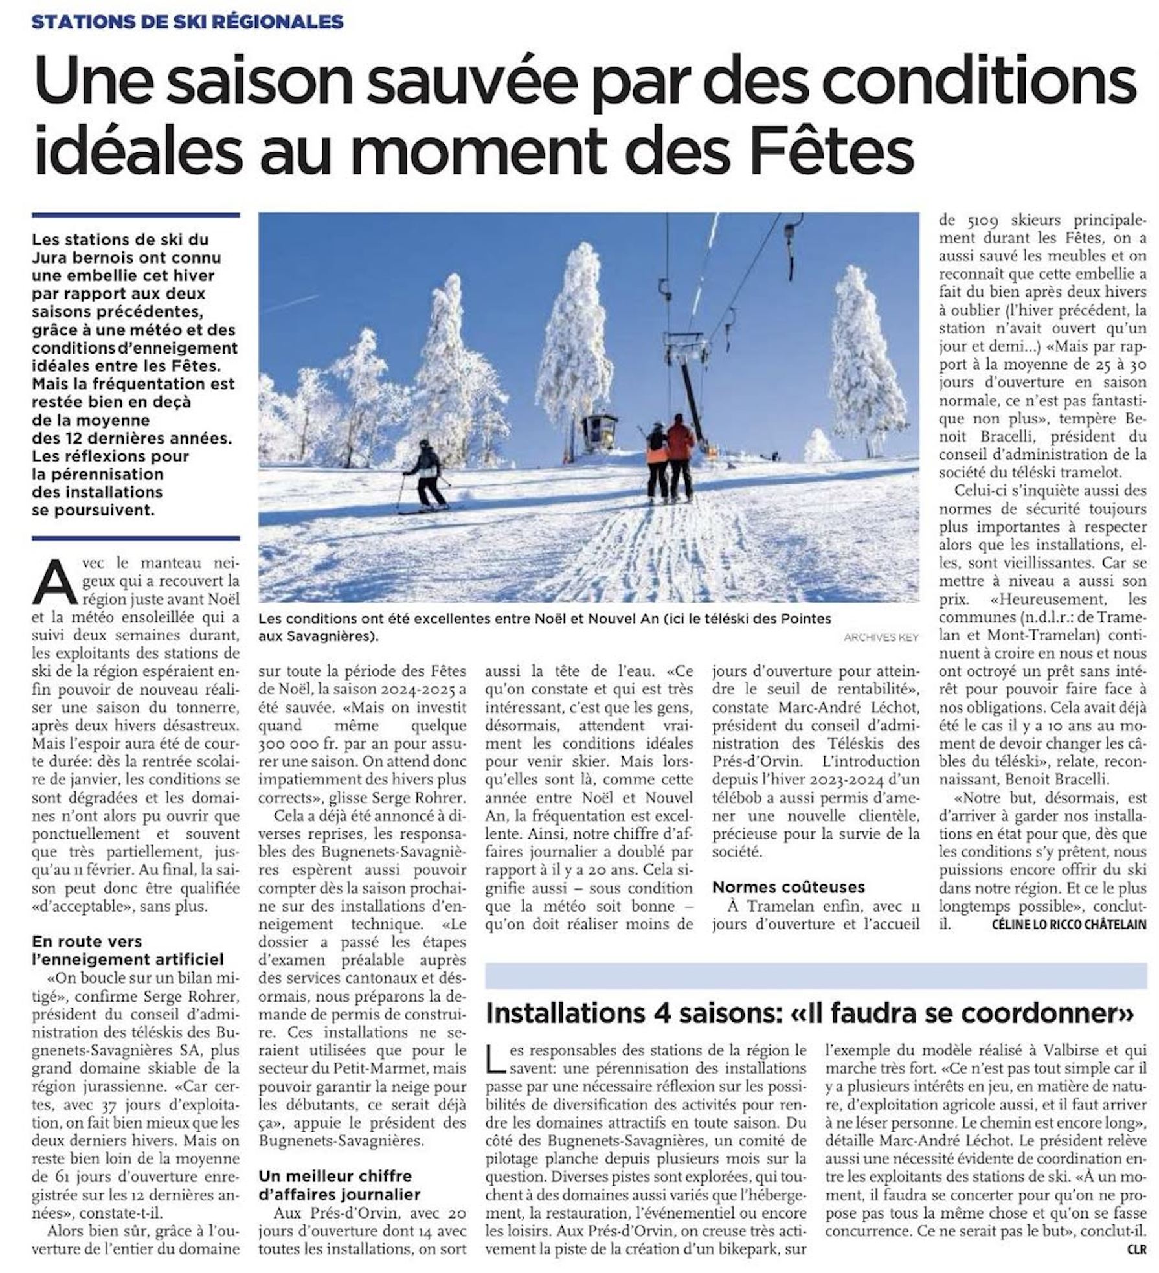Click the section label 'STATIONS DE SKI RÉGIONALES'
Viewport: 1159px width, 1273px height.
[x=188, y=21]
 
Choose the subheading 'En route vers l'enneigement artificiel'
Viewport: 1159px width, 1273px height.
[x=128, y=950]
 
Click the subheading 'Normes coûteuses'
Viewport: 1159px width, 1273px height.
[x=788, y=886]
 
